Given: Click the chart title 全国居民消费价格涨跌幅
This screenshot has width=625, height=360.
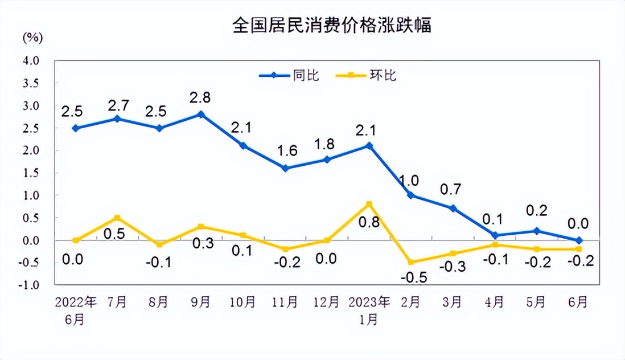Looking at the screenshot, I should pos(332,26).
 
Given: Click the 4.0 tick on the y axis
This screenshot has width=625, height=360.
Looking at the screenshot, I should pos(31,60).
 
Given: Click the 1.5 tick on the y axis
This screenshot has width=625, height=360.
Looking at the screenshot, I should pos(31,173).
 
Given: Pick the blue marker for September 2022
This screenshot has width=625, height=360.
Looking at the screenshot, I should pos(200,114).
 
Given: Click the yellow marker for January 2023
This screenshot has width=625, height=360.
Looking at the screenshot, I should pos(369,204).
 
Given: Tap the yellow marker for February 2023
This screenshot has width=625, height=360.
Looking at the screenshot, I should pos(411,262).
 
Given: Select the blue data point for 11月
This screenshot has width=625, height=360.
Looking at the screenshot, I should pos(285,168).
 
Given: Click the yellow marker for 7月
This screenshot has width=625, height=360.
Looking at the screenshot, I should pos(117,218).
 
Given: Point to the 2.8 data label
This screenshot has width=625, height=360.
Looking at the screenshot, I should pos(200,97).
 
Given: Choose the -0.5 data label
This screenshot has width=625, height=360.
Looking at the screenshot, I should pos(410,280).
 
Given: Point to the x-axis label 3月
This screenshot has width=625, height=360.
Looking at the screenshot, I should pos(452,302).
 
